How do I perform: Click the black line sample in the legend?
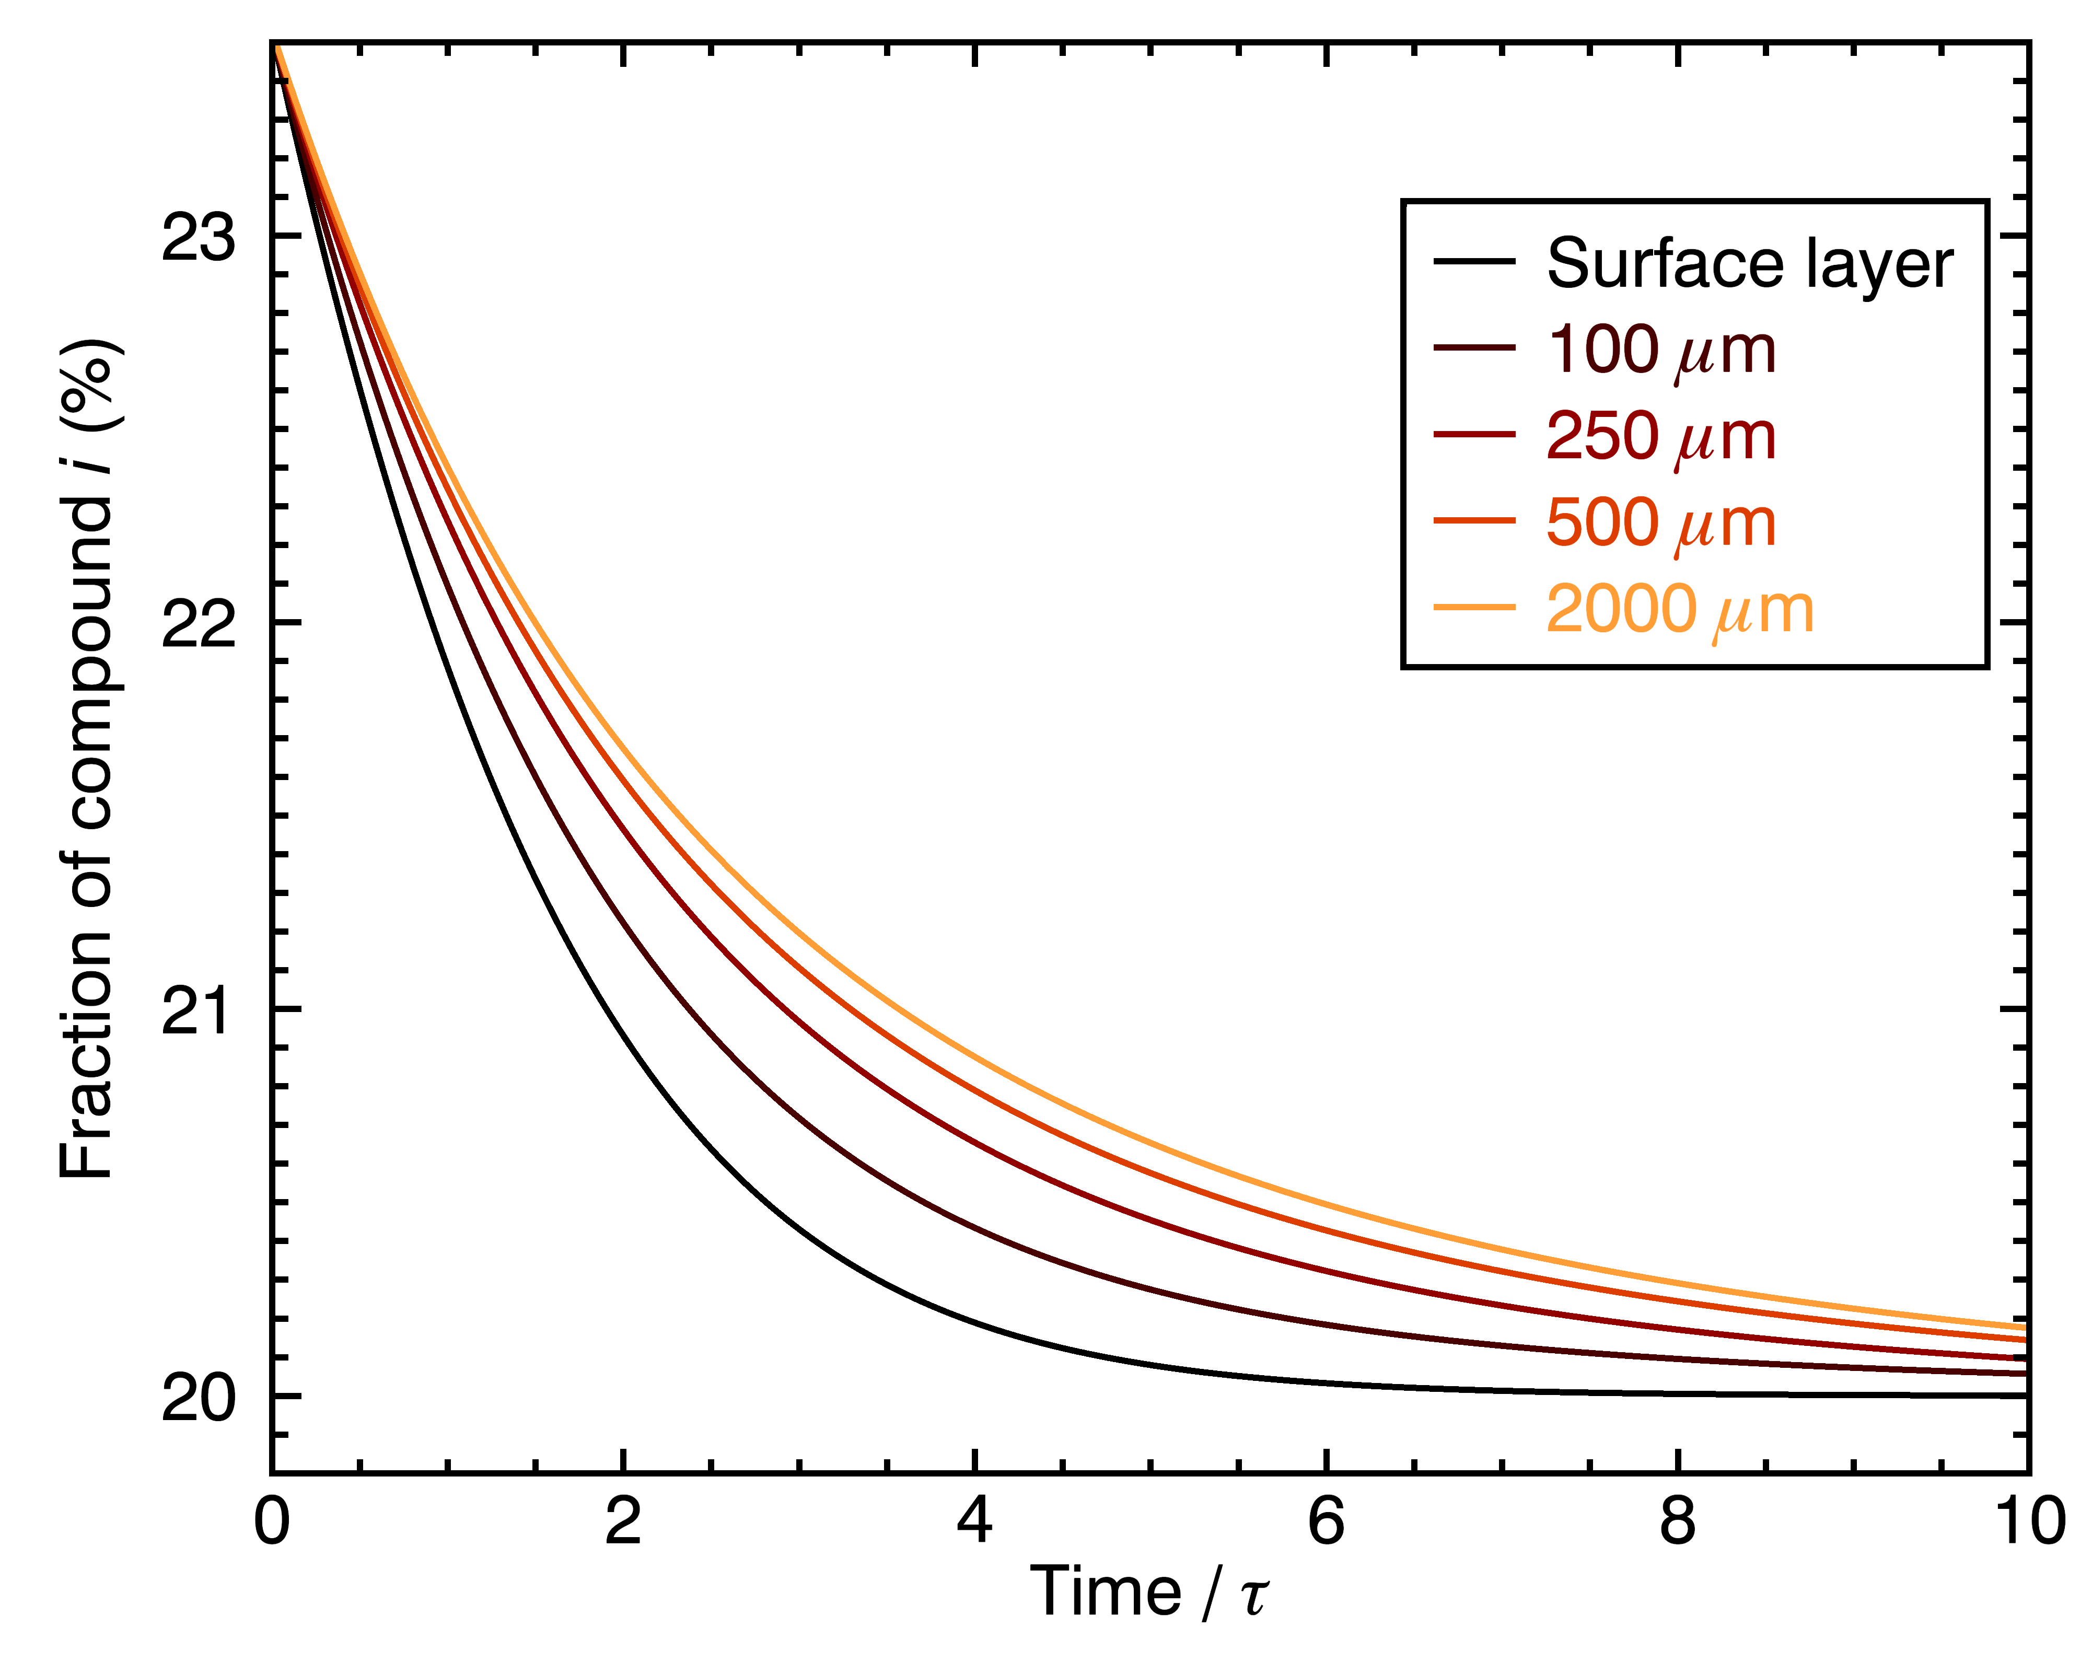[x=1474, y=261]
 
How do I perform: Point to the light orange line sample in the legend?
[x=1474, y=608]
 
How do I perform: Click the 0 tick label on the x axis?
[x=272, y=1521]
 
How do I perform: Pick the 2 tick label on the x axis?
[x=623, y=1521]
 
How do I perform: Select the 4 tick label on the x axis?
[x=974, y=1521]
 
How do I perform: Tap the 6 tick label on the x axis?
[x=1326, y=1521]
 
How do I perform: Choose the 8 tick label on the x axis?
[x=1677, y=1521]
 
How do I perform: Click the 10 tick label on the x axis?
[x=2028, y=1521]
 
